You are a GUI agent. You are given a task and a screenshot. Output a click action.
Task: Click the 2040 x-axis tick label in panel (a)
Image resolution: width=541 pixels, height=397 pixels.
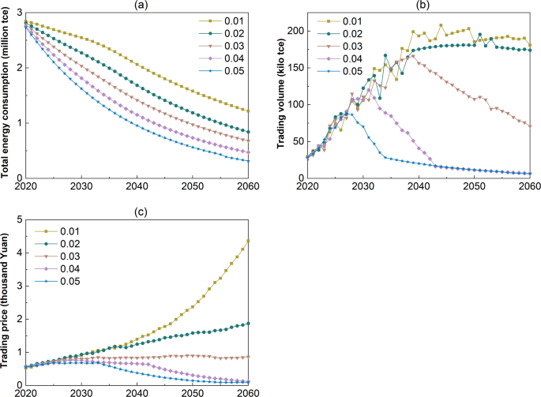point(138,185)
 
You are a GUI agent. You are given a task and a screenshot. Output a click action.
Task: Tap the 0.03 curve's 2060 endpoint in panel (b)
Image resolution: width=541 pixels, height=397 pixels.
point(529,125)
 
